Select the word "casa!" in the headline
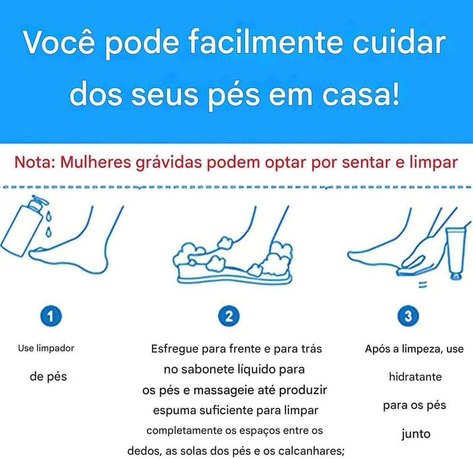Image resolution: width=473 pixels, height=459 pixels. [x=361, y=94]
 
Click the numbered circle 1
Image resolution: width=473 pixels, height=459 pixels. [x=51, y=316]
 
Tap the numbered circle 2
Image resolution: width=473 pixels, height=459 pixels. [x=229, y=316]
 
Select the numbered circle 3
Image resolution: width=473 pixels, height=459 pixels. [x=408, y=316]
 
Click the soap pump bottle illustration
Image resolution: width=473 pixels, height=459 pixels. [x=22, y=227]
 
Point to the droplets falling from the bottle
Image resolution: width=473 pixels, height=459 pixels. [x=48, y=223]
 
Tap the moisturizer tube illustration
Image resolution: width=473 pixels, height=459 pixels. [x=455, y=254]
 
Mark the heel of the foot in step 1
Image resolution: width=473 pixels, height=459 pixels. [x=102, y=265]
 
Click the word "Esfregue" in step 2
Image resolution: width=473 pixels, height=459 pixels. [x=175, y=349]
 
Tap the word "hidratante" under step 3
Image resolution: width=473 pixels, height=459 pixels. [x=415, y=377]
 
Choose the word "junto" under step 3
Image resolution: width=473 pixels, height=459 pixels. [x=416, y=434]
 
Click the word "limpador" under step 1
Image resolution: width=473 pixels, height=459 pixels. [x=55, y=349]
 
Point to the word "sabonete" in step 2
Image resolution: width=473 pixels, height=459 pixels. [x=203, y=369]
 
